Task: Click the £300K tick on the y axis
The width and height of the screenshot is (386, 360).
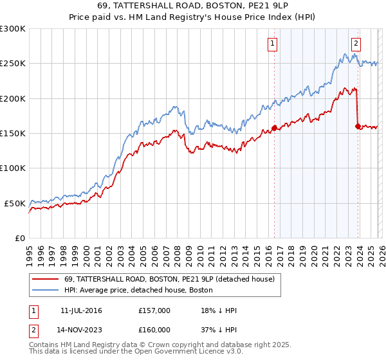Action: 13,29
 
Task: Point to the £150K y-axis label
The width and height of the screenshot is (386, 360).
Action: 13,133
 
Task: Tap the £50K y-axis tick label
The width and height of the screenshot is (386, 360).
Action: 15,203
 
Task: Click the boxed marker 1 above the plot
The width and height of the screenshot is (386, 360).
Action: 272,44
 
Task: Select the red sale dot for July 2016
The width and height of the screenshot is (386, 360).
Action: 274,128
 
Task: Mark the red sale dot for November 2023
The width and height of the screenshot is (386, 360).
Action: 358,126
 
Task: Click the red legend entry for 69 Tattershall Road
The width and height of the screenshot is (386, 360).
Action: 170,279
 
